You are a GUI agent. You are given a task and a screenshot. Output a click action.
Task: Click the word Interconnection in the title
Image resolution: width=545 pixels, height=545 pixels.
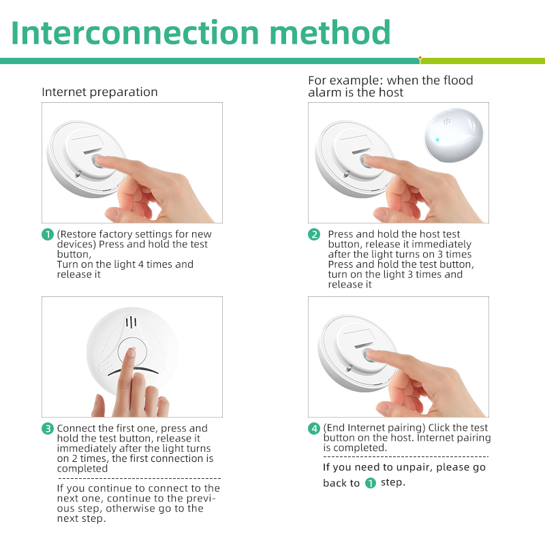pyautogui.click(x=135, y=33)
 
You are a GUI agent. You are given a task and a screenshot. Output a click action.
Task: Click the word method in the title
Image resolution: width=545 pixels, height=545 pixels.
pyautogui.click(x=330, y=33)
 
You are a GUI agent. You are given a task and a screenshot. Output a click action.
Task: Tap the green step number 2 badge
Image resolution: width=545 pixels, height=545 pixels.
pyautogui.click(x=314, y=234)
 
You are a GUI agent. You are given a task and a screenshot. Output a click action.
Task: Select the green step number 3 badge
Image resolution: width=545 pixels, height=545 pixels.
pyautogui.click(x=48, y=429)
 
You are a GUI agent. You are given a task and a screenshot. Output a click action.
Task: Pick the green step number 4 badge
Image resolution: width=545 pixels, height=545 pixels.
pyautogui.click(x=314, y=429)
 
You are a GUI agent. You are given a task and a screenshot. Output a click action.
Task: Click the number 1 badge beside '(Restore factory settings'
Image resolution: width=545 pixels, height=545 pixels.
pyautogui.click(x=48, y=234)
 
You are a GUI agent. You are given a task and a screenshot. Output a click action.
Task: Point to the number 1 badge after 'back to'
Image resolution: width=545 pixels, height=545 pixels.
pyautogui.click(x=371, y=483)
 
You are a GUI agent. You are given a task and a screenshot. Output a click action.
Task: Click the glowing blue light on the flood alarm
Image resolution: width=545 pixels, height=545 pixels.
pyautogui.click(x=437, y=140)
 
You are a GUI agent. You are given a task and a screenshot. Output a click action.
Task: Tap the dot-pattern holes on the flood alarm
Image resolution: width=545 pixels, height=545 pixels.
pyautogui.click(x=447, y=121)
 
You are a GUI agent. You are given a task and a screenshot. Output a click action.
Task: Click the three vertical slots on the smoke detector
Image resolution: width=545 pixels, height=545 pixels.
pyautogui.click(x=131, y=322)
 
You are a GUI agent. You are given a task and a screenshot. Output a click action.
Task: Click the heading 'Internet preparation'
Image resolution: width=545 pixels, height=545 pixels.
pyautogui.click(x=99, y=92)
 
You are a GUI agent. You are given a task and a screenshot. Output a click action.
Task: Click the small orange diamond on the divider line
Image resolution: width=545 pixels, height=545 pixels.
pyautogui.click(x=420, y=58)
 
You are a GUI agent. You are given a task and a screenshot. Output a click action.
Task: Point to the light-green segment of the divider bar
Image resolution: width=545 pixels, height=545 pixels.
pyautogui.click(x=483, y=61)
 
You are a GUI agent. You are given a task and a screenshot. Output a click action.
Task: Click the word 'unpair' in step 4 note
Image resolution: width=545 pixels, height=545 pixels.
pyautogui.click(x=412, y=467)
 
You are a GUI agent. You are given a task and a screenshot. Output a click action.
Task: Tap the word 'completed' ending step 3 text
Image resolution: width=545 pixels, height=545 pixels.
pyautogui.click(x=82, y=469)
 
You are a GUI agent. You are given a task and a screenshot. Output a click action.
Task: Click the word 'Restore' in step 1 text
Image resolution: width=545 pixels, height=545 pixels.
pyautogui.click(x=78, y=234)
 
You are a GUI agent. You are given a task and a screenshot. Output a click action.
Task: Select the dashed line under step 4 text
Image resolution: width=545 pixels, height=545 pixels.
pyautogui.click(x=406, y=456)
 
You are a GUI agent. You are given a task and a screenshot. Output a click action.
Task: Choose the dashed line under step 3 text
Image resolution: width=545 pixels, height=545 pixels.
pyautogui.click(x=139, y=479)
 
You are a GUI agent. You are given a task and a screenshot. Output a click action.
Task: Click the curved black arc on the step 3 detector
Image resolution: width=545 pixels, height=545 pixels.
pyautogui.click(x=133, y=369)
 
